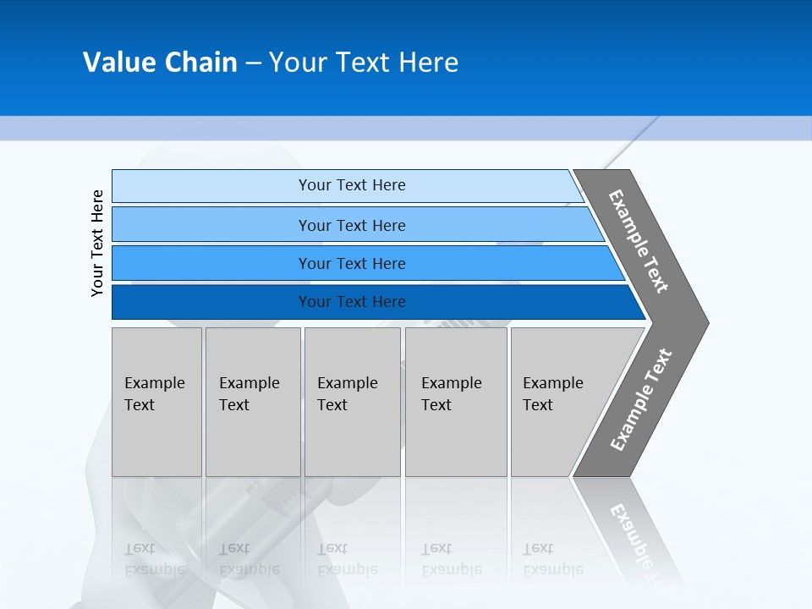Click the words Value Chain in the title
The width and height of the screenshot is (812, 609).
click(160, 63)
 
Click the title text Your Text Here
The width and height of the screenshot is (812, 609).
click(364, 63)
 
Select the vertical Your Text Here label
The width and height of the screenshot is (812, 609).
click(97, 243)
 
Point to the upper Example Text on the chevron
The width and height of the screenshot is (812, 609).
click(639, 242)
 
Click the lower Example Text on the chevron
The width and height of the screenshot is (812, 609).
click(640, 400)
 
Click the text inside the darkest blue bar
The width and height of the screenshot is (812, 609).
click(352, 302)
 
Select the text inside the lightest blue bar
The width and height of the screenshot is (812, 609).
click(352, 185)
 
